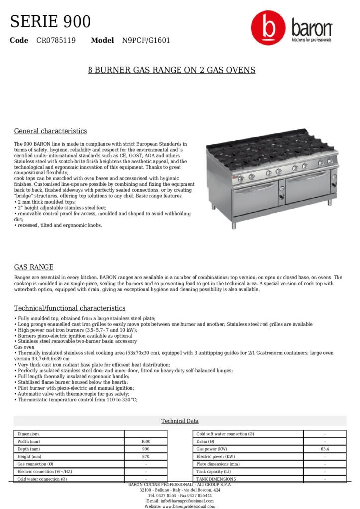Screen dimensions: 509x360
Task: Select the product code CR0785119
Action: tap(56, 40)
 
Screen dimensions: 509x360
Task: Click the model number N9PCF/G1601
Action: tap(146, 40)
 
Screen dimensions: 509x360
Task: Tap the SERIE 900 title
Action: tap(50, 22)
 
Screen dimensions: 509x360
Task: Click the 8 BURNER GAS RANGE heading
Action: tap(172, 70)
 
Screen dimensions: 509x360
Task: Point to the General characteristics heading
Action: tap(50, 131)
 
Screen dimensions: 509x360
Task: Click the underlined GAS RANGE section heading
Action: tap(34, 267)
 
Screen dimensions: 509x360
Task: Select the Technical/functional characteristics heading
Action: tap(70, 308)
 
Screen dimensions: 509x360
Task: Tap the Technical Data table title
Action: tap(180, 421)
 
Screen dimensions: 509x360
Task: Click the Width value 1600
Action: tap(146, 441)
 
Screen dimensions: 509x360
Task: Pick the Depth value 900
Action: tap(146, 449)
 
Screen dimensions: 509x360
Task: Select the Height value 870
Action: tap(146, 456)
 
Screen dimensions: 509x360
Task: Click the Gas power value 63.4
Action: tap(325, 449)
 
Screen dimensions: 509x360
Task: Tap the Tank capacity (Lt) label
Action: tap(214, 471)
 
